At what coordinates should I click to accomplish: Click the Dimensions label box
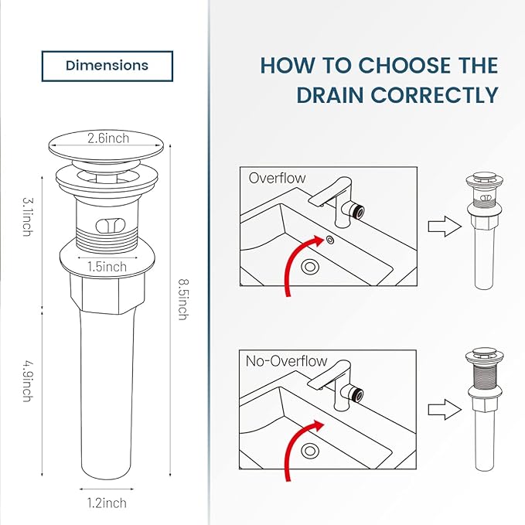(x=107, y=66)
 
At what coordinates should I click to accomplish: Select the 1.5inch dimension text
(x=106, y=267)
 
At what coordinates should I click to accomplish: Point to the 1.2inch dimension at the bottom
(x=106, y=503)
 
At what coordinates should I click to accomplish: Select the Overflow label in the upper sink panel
(x=277, y=178)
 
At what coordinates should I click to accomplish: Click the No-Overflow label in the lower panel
(x=286, y=361)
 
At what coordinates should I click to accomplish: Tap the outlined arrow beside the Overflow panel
(x=438, y=227)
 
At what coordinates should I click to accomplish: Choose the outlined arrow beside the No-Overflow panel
(x=438, y=409)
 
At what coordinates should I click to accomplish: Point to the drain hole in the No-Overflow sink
(x=311, y=450)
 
